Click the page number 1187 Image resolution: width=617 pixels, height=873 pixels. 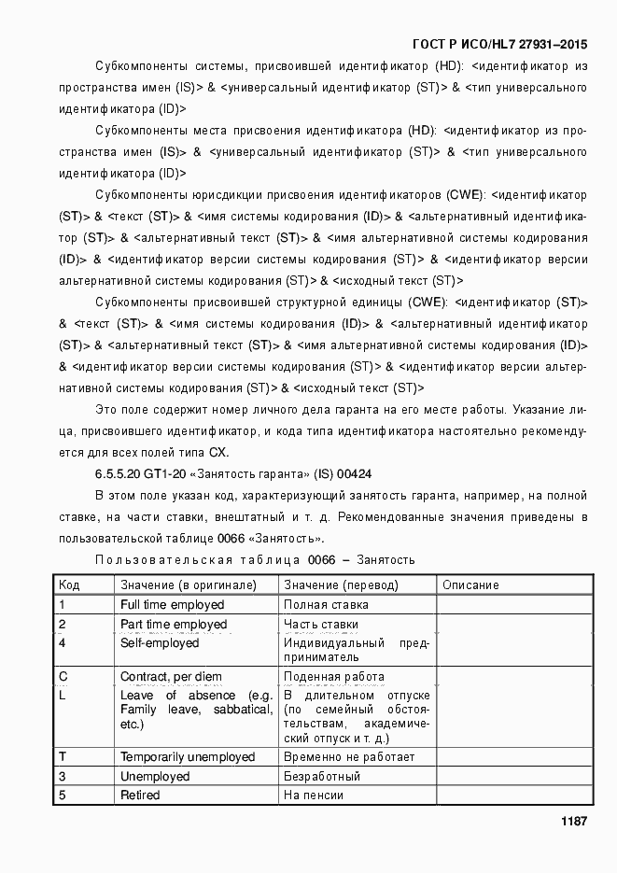(573, 822)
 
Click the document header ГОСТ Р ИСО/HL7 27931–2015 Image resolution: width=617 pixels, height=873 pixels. (499, 45)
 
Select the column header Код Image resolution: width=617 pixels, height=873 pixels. (69, 585)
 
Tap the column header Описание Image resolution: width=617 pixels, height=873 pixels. (470, 585)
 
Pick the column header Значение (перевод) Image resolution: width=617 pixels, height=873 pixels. (341, 585)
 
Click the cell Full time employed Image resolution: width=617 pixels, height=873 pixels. (172, 605)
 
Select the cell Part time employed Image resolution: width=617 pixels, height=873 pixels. (174, 625)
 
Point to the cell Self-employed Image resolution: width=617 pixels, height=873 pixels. (160, 643)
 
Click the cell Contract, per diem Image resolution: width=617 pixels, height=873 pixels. (174, 677)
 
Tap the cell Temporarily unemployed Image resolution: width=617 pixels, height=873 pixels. (188, 757)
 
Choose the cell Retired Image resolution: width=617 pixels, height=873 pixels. (140, 796)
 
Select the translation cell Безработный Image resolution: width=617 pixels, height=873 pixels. (322, 777)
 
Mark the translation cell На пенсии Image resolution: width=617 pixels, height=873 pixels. (314, 796)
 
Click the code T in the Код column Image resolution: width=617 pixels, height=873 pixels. (63, 757)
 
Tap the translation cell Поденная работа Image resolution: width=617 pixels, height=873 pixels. (333, 677)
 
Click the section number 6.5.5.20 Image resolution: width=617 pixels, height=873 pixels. (118, 473)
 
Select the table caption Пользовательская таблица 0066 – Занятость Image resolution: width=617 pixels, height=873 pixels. (255, 559)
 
